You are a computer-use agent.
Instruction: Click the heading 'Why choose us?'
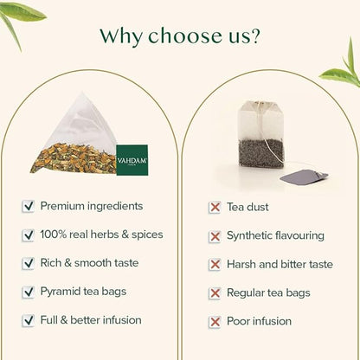[180, 36]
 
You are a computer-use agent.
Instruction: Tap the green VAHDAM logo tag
[132, 159]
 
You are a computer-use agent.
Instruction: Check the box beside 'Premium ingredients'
[29, 206]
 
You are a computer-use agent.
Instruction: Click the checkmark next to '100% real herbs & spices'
[29, 235]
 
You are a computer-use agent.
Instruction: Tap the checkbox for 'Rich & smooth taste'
[29, 263]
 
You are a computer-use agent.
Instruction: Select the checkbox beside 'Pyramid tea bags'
[29, 292]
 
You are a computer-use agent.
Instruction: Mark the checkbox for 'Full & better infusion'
[29, 320]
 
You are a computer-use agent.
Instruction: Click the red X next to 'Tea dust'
[215, 207]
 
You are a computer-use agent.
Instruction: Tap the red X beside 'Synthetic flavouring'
[215, 235]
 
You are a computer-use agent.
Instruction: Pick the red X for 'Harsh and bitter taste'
[215, 264]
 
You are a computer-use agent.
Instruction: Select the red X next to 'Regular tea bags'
[215, 292]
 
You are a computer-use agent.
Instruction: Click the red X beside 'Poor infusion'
[215, 321]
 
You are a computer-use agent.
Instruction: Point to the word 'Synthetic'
[250, 235]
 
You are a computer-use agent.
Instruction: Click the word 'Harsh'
[241, 264]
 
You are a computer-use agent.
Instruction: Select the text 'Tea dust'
[247, 207]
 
